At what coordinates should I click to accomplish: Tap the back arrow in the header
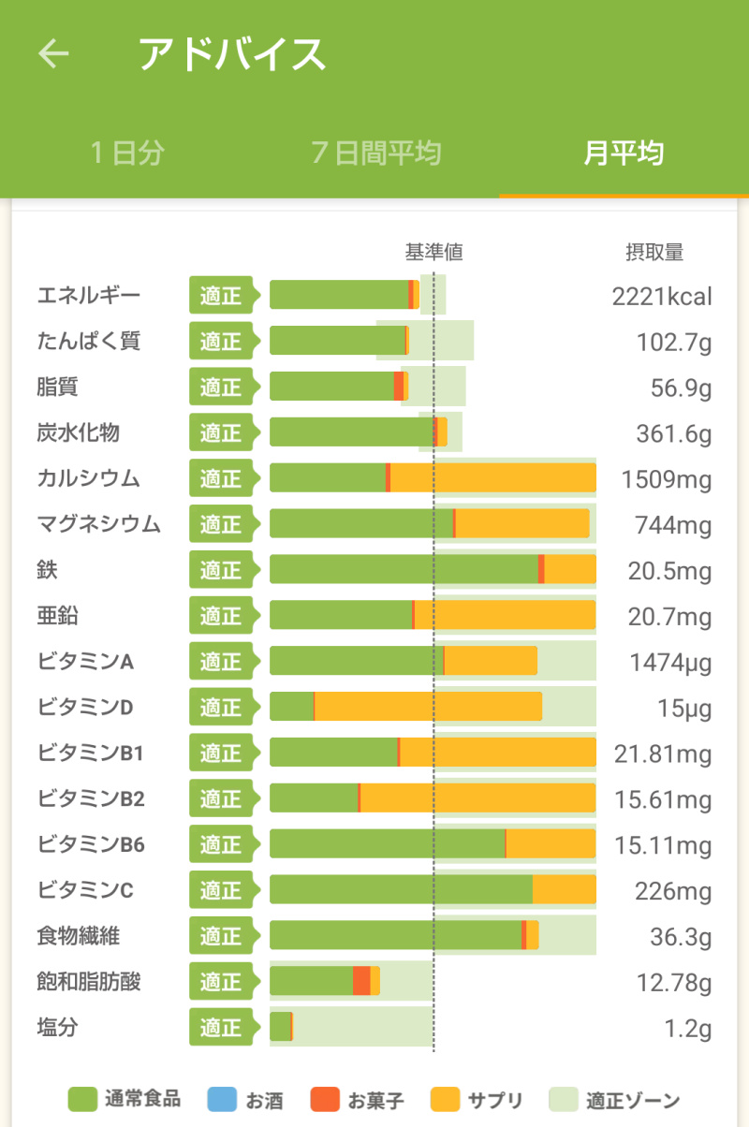pos(53,53)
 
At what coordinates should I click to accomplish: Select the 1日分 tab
pos(127,153)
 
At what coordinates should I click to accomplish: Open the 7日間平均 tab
pos(375,153)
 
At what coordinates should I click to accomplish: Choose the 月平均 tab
pos(624,153)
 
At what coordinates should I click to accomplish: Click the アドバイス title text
pos(232,54)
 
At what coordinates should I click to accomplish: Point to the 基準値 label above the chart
pos(433,252)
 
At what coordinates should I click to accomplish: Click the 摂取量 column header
pos(654,252)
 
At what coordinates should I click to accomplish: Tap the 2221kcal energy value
pos(662,297)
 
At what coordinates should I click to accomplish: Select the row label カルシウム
pos(89,478)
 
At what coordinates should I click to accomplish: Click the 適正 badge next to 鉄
pos(220,570)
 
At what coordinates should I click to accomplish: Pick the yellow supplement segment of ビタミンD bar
pos(428,707)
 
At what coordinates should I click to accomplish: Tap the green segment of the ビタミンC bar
pos(401,889)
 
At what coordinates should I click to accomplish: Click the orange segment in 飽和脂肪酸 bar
pos(361,981)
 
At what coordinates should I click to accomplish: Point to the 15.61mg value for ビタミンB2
pos(663,800)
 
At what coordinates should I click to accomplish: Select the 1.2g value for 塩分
pos(687,1029)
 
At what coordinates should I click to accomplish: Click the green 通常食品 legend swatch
pos(83,1100)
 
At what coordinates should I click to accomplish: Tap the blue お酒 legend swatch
pos(221,1100)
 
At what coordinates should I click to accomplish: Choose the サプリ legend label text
pos(494,1101)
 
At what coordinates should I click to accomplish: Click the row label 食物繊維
pos(79,935)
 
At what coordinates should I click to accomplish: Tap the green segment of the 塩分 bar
pos(280,1027)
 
